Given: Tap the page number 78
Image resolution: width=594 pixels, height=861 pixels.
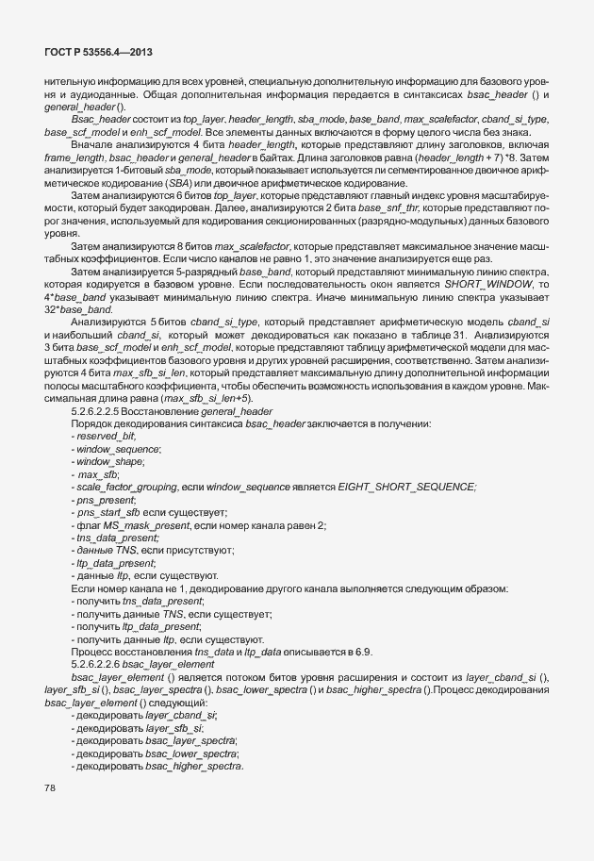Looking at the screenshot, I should point(51,786).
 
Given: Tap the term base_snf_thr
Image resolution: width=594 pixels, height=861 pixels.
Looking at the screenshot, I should point(420,220).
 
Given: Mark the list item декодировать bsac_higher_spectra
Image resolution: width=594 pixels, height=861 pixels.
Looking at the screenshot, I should point(157,766).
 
